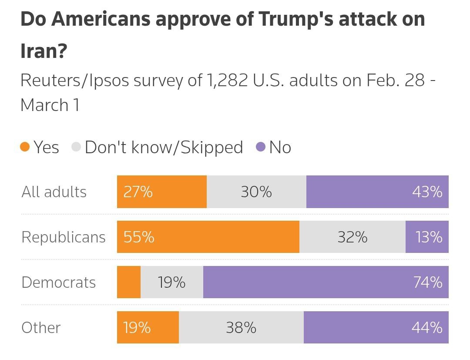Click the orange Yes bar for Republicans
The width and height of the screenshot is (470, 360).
tap(208, 237)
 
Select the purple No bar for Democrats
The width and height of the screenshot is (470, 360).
tap(326, 282)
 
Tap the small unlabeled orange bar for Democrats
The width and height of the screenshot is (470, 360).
tap(129, 282)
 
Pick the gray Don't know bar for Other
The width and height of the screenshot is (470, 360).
tap(241, 327)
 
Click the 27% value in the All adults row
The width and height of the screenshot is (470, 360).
tap(138, 192)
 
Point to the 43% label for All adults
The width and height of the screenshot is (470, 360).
tap(427, 192)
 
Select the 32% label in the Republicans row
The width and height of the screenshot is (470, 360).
tap(352, 237)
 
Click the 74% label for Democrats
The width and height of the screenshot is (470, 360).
tap(428, 283)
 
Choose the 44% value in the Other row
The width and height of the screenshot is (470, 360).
tap(427, 328)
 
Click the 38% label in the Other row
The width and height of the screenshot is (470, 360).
tap(241, 328)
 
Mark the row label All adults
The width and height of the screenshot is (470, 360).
tap(54, 192)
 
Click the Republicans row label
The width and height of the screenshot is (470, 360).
tap(64, 237)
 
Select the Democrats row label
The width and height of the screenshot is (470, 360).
tap(58, 283)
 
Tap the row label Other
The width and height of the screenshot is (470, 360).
tap(41, 328)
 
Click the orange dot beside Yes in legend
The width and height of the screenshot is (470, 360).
tap(25, 147)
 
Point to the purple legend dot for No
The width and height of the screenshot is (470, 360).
tap(260, 147)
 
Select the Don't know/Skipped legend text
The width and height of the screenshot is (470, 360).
tap(164, 148)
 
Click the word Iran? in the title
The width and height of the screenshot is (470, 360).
tap(44, 51)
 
